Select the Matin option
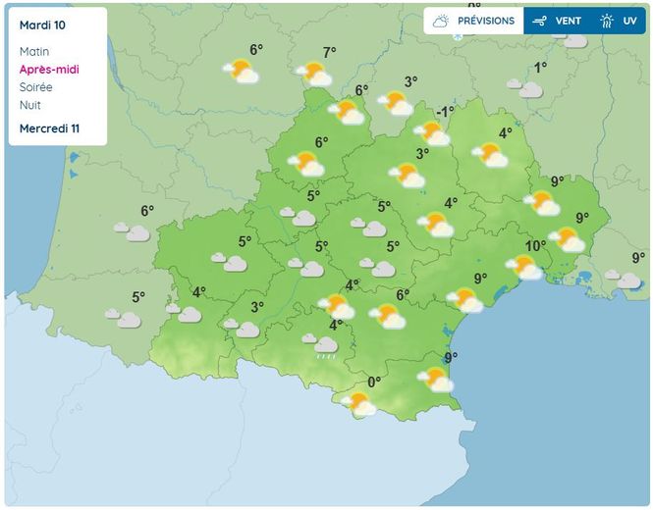coord(33,51)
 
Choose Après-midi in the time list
coord(49,70)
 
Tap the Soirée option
coord(35,87)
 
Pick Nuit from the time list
coord(29,105)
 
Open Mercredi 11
coord(49,129)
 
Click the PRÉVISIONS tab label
coord(486,21)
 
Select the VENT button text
coord(569,21)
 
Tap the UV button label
coord(629,21)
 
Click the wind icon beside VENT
coord(539,21)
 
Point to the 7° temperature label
coord(330,53)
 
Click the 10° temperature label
coord(535,246)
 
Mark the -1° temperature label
coord(445,112)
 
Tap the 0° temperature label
coord(374,382)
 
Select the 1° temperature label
coord(540,68)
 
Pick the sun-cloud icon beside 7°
coord(315,74)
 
